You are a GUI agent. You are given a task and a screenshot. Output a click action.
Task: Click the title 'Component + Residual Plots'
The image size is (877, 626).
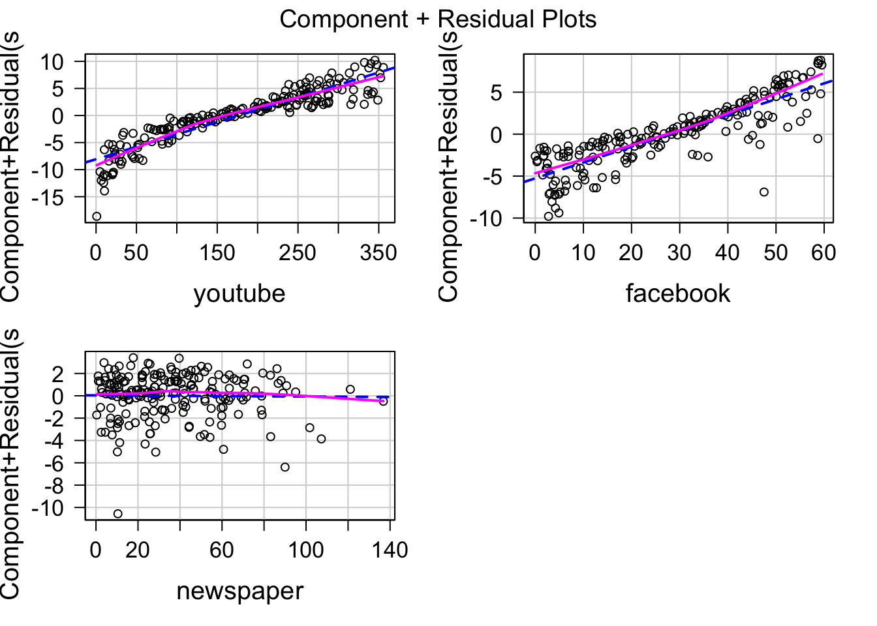(438, 19)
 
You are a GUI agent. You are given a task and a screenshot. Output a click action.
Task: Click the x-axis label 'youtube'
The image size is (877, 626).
(239, 293)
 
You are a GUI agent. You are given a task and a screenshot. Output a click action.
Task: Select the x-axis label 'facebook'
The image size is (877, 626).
(677, 293)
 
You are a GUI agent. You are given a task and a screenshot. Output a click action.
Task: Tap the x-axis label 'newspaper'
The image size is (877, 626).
(239, 591)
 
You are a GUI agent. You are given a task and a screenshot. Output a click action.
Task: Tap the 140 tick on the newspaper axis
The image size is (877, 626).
(390, 550)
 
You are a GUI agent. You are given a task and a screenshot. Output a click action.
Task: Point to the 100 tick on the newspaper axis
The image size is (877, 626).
(306, 550)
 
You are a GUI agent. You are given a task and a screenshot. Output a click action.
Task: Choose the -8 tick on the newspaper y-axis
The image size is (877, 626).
(55, 486)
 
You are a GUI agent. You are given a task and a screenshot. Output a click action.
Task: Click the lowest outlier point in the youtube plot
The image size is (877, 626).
(97, 216)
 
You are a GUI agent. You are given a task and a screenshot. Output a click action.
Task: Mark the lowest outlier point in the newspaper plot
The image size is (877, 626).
(117, 514)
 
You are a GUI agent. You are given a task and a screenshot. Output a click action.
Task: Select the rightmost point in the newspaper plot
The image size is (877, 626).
(383, 401)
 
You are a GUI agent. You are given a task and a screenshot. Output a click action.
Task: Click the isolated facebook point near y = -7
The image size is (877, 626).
(763, 192)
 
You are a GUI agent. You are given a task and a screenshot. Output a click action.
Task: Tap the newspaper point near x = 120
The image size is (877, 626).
(350, 389)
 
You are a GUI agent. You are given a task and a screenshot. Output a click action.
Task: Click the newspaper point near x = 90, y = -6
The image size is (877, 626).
(285, 467)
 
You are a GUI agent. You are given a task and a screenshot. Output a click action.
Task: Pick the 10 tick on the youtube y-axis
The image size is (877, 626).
(55, 62)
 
